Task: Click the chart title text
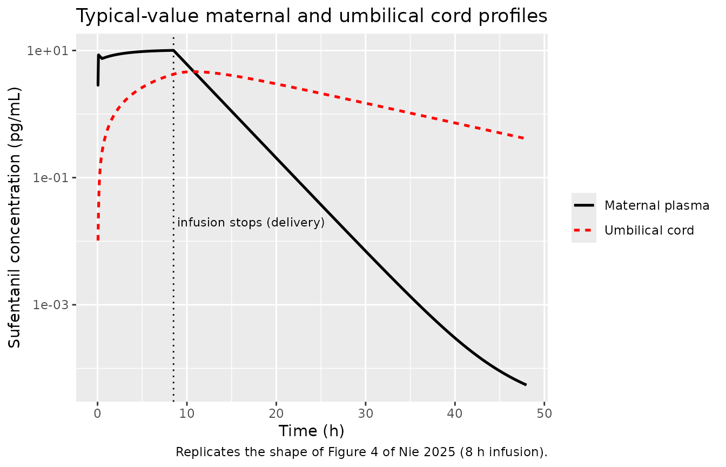click(312, 16)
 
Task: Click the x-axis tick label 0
click(98, 413)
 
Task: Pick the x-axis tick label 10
click(187, 413)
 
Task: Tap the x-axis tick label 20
click(276, 413)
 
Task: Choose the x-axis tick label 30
click(366, 413)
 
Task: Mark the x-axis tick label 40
click(455, 413)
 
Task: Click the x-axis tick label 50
click(544, 413)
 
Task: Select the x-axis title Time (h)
click(311, 431)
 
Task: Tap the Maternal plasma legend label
click(657, 205)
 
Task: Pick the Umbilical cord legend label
click(649, 231)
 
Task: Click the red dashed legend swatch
click(584, 231)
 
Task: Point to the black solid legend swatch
click(584, 205)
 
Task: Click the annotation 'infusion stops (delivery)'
click(251, 223)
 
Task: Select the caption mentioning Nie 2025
click(361, 452)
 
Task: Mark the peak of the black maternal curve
click(174, 50)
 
